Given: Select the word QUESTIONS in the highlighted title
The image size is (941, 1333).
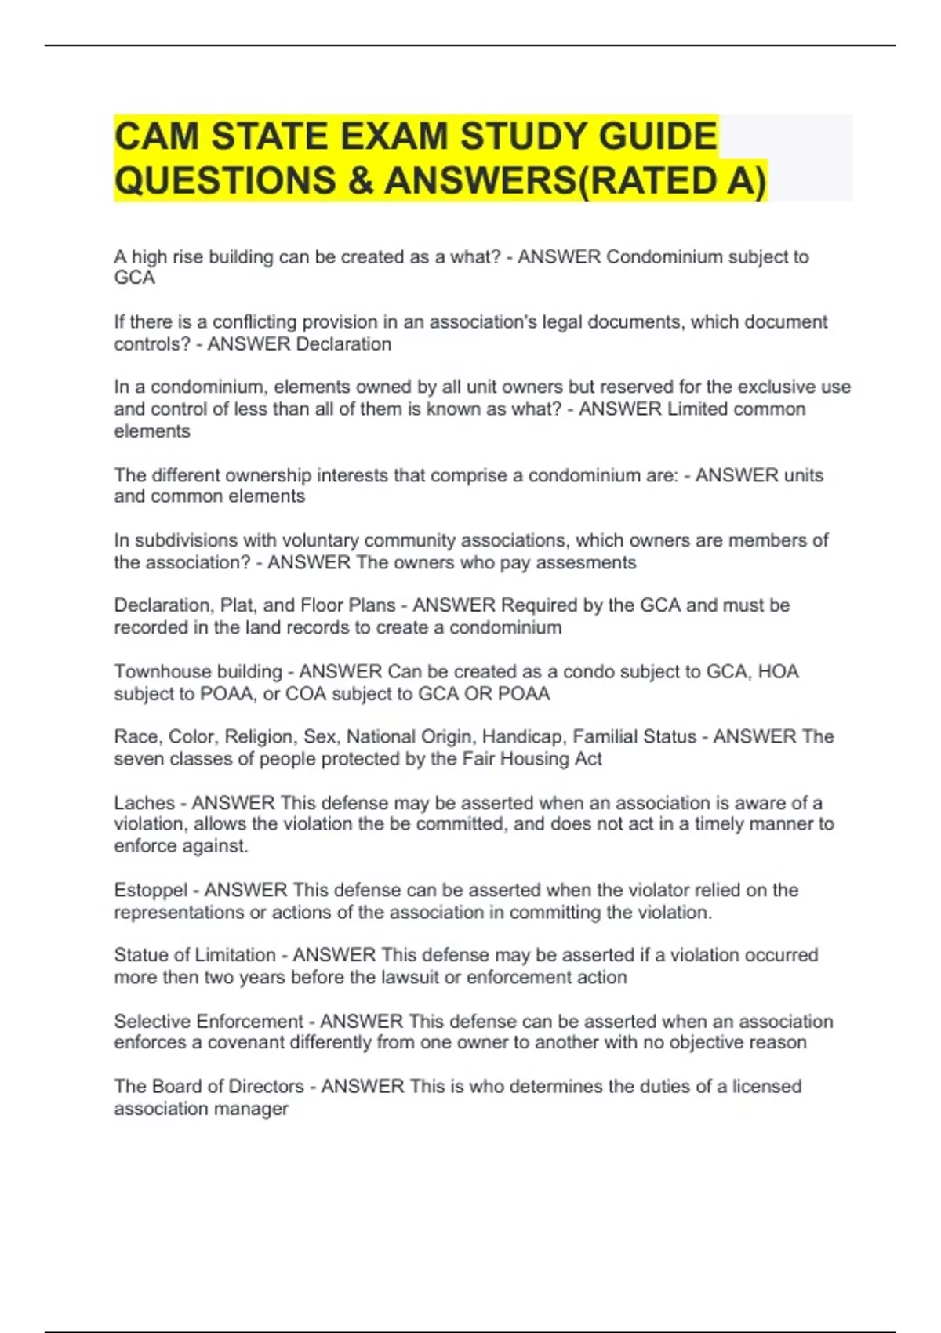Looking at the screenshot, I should click(x=224, y=180).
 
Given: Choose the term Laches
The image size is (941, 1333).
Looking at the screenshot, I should click(x=144, y=803).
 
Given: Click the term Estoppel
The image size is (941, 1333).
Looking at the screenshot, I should click(x=151, y=891).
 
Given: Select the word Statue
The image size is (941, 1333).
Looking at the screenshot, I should click(x=140, y=955).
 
